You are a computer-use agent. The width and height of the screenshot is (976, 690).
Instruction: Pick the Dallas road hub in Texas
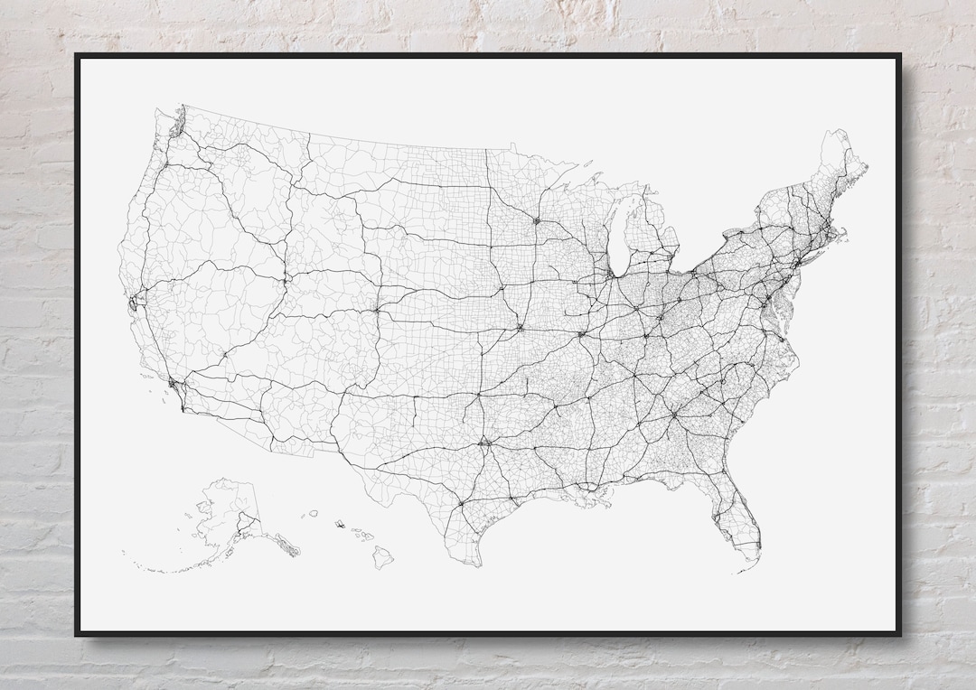pos(485,442)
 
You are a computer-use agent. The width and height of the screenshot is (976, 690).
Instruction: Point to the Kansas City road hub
pos(521,326)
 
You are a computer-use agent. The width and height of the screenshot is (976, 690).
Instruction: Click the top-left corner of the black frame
pos(76,55)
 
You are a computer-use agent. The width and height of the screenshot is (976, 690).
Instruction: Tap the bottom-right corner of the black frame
pos(899,634)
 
